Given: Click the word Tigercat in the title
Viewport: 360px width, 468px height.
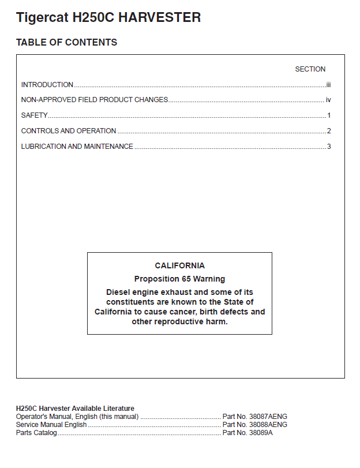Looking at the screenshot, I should [x=42, y=18].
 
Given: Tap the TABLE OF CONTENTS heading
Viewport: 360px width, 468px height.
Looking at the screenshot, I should [x=66, y=43].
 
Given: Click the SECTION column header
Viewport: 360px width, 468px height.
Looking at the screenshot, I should [x=310, y=69].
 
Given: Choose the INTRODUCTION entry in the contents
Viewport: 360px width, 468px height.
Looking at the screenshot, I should [x=47, y=85].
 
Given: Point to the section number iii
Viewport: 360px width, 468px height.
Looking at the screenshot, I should [x=328, y=85].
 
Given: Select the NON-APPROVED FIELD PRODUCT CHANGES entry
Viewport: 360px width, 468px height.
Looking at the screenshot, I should [x=95, y=100].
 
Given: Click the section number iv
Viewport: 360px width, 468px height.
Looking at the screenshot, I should [x=328, y=100].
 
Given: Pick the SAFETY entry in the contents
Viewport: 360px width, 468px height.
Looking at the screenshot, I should [x=34, y=115].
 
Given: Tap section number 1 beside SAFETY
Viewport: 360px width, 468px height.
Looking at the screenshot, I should [x=329, y=115].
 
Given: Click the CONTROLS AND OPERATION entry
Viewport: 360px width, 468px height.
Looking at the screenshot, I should [x=69, y=131].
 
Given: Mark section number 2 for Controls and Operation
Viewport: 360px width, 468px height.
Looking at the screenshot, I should [x=329, y=131].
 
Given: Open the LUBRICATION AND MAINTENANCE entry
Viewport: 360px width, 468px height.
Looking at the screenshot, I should [x=77, y=147].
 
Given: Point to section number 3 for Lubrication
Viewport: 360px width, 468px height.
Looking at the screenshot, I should [x=329, y=147].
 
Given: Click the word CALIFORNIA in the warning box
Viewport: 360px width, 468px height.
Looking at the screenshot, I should [x=179, y=266].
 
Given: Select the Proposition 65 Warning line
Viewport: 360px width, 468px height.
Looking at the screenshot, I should [x=179, y=279].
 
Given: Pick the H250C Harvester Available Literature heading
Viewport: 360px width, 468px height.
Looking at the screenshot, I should [x=75, y=409].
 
